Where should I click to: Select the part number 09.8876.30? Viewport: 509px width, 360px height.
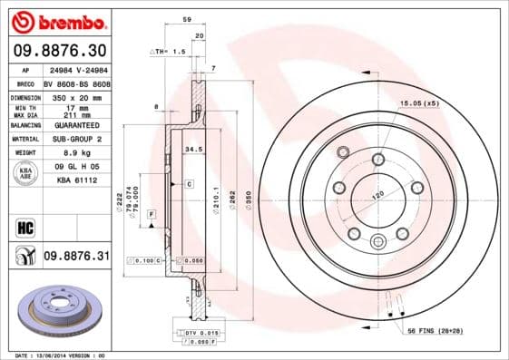coord(60,52)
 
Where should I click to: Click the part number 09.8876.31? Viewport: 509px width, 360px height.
coord(76,257)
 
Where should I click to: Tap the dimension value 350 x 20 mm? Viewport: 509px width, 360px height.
coord(75,94)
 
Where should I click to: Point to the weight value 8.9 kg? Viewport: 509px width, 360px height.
coord(75,154)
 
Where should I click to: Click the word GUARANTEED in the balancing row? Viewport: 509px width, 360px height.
coord(75,124)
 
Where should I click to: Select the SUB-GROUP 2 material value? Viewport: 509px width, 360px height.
coord(75,140)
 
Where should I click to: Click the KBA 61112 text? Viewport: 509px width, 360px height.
coord(75,181)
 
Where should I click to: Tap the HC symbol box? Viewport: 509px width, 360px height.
coord(25,227)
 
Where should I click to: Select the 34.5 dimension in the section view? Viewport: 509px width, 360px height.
coord(193,148)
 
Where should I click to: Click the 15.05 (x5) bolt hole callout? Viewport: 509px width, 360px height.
coord(419,104)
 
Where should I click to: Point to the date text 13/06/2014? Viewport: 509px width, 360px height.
coord(62,355)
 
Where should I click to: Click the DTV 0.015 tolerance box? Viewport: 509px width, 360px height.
coord(186,334)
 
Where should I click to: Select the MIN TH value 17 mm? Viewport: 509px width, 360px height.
coord(75,107)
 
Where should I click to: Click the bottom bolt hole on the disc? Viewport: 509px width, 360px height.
coord(378,240)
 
